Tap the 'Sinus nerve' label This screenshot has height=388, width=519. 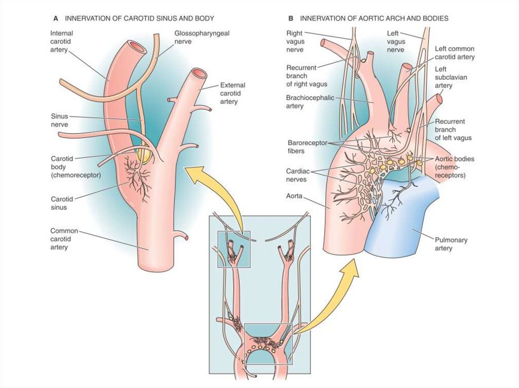59,120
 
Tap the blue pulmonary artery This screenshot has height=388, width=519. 405,218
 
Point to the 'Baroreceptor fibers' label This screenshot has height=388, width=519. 303,147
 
